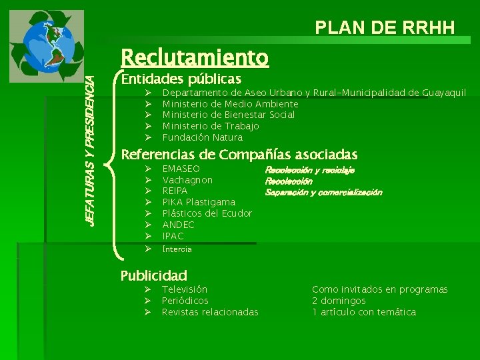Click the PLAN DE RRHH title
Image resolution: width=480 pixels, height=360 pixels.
[x=385, y=27]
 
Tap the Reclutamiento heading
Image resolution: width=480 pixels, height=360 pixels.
[x=194, y=58]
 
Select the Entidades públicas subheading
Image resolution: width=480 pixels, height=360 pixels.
[x=181, y=80]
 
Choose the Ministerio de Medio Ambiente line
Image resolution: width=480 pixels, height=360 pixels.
[x=230, y=103]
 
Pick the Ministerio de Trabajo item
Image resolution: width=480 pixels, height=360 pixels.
[x=211, y=126]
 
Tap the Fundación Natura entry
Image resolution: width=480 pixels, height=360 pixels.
[x=203, y=137]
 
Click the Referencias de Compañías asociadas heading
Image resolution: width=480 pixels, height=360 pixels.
[x=239, y=155]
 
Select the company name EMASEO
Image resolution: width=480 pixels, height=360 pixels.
[x=181, y=169]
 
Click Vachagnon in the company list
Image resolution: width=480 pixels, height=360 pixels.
[x=187, y=180]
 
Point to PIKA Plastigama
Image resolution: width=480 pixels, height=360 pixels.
[x=199, y=202]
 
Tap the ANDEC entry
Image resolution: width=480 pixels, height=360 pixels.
[x=178, y=225]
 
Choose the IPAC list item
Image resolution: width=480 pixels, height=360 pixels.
[x=173, y=236]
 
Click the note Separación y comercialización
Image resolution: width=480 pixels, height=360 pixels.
[x=323, y=192]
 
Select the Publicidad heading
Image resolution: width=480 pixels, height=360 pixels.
[x=153, y=275]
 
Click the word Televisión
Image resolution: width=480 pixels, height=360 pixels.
[x=185, y=289]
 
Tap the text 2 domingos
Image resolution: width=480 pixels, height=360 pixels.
[x=339, y=301]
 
